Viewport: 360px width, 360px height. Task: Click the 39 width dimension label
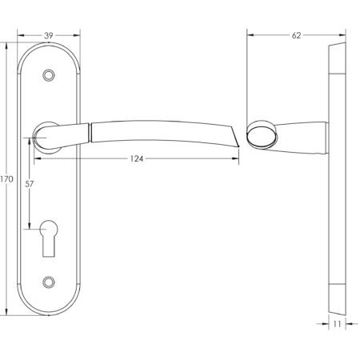coord(50,36)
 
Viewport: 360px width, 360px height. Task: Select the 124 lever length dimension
coord(137,159)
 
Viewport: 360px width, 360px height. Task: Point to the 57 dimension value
coord(30,183)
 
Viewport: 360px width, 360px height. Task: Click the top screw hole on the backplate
coord(50,74)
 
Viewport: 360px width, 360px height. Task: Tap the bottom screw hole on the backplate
coord(50,282)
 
